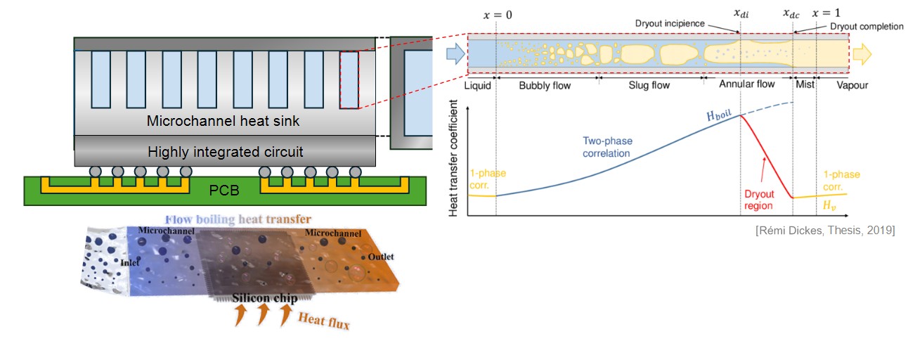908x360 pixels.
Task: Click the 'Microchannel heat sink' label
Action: coord(223,121)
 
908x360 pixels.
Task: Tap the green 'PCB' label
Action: coord(224,190)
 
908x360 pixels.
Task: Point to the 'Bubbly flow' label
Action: coord(545,85)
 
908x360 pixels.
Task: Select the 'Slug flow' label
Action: coord(649,85)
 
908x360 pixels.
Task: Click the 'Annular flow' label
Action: coord(747,84)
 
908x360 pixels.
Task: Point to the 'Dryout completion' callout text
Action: coord(866,27)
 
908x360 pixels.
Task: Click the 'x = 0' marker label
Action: coord(496,14)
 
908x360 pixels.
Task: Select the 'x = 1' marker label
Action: coord(825,13)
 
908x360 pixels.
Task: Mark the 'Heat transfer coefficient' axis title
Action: coord(455,161)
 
